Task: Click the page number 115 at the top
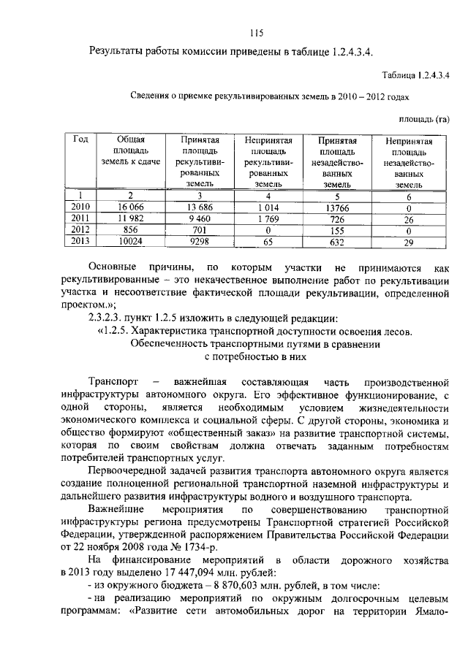click(255, 32)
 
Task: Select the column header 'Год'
click(80, 139)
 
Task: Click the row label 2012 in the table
click(80, 229)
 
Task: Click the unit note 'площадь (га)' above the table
click(423, 118)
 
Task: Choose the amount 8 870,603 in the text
click(220, 587)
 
